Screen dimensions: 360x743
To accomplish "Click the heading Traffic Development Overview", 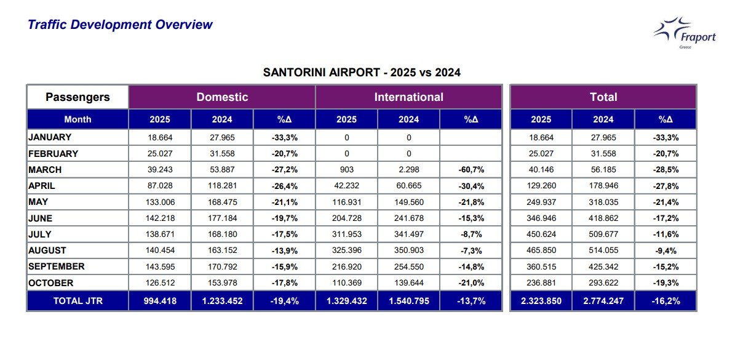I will tap(121, 25).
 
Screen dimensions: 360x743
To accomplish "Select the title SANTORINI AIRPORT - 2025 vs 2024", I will tap(362, 73).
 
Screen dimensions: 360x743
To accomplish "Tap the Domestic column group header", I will tap(222, 97).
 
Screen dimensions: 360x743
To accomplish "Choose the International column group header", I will tap(408, 97).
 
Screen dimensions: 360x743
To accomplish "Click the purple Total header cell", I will tap(603, 97).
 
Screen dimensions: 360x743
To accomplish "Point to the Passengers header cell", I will tap(77, 97).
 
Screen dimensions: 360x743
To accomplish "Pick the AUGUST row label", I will tap(47, 251).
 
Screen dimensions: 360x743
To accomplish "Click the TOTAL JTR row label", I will tap(77, 302).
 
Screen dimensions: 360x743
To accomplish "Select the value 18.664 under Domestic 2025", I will tap(160, 138).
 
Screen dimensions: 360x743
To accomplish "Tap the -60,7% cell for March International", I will tap(471, 170).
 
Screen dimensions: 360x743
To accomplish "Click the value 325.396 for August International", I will tap(346, 251).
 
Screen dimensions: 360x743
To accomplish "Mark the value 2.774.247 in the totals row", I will tap(603, 302).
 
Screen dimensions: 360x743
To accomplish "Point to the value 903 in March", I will tap(346, 170).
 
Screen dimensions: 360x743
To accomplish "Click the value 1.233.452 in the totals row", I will tap(222, 302).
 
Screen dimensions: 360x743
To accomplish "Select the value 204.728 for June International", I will tap(346, 218).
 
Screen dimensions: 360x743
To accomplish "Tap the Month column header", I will tap(77, 119).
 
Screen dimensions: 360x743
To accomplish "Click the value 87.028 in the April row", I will tap(160, 186).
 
